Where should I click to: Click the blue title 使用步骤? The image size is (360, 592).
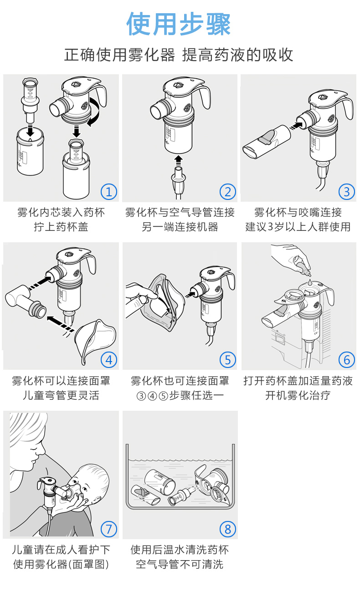coord(179,24)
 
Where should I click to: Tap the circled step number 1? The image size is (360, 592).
coord(109,192)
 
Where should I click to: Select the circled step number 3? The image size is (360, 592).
coord(346,192)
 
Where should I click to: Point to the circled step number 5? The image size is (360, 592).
coord(228,360)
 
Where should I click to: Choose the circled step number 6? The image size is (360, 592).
coord(346,360)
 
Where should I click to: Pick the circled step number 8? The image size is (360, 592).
coord(228,529)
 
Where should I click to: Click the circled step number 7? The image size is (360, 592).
coord(109,529)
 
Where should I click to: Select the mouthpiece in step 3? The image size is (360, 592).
coord(267,142)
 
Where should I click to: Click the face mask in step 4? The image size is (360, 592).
coord(95,340)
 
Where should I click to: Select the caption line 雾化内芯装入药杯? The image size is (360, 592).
coord(61,212)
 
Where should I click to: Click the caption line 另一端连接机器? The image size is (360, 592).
coord(180,227)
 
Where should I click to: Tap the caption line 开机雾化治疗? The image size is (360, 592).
coord(298,395)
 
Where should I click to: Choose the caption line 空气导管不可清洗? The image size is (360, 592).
coord(180,564)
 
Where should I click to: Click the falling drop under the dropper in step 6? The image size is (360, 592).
coord(309,281)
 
